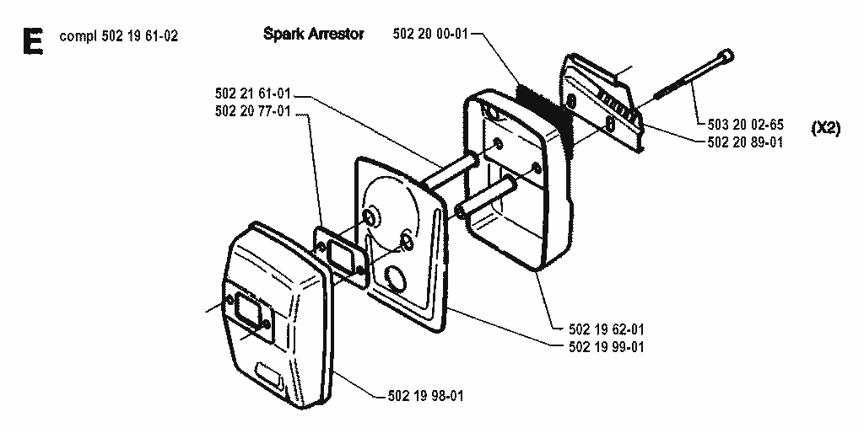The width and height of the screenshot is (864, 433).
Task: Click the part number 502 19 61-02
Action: [140, 36]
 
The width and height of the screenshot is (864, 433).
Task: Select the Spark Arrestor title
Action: [314, 34]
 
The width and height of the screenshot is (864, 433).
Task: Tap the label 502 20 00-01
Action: [430, 34]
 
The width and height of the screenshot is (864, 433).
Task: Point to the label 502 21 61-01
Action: [252, 94]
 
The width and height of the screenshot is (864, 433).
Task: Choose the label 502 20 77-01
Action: [252, 112]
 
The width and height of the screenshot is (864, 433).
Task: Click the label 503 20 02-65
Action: [746, 125]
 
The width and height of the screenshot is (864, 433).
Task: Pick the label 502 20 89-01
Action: [746, 142]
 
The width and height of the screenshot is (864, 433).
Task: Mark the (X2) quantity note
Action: [826, 129]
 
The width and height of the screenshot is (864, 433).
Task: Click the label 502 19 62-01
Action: [606, 329]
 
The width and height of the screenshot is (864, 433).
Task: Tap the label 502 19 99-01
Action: [606, 347]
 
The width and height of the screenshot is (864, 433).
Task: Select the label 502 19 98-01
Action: [425, 396]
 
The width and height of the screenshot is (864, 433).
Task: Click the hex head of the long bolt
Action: [726, 56]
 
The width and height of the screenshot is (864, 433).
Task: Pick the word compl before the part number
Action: [78, 37]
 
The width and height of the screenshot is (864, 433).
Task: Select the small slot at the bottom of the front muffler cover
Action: [269, 375]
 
